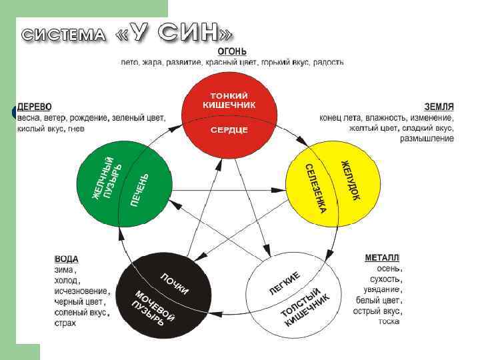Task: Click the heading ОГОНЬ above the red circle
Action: pyautogui.click(x=232, y=51)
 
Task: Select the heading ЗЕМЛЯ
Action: pyautogui.click(x=439, y=107)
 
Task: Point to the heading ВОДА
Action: pyautogui.click(x=66, y=259)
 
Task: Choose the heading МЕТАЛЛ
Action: pyautogui.click(x=382, y=257)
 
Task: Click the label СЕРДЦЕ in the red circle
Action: pyautogui.click(x=229, y=129)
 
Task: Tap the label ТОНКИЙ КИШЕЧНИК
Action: pyautogui.click(x=229, y=100)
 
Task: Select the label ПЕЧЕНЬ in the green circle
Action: pyautogui.click(x=140, y=189)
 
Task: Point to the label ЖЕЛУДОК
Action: pyautogui.click(x=351, y=179)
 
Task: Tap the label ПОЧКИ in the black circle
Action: pyautogui.click(x=174, y=283)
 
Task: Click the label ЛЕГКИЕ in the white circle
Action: pyautogui.click(x=285, y=283)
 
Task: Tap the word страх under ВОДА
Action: pyautogui.click(x=65, y=323)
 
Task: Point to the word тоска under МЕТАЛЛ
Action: pyautogui.click(x=389, y=321)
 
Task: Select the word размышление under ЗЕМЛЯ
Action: pyautogui.click(x=427, y=139)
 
